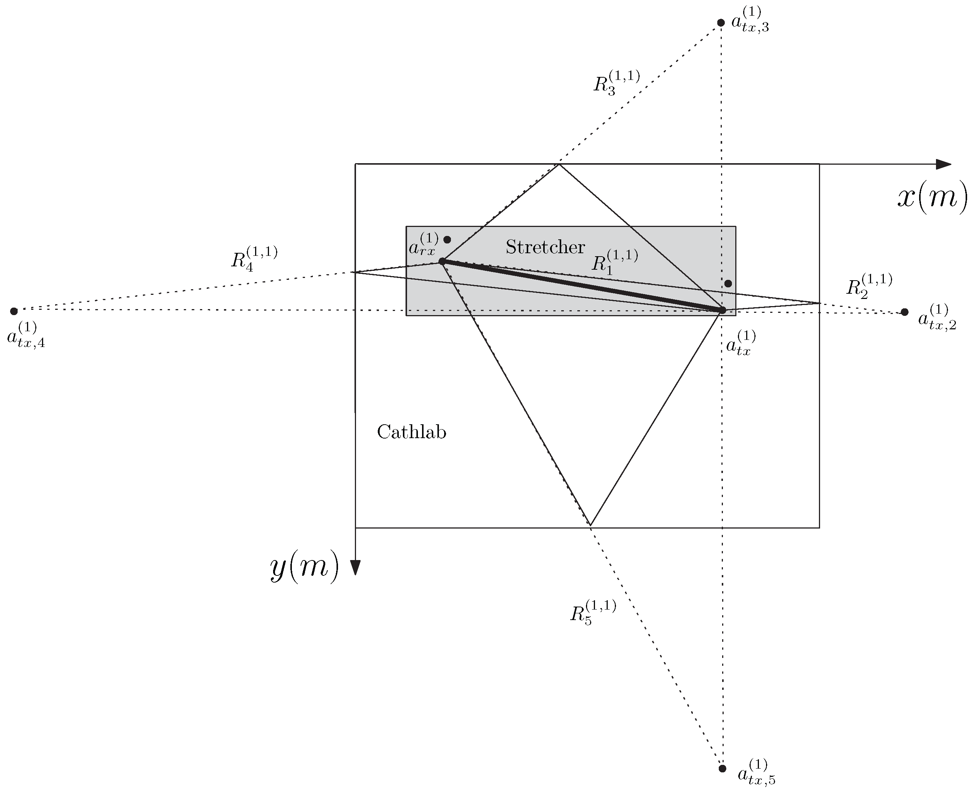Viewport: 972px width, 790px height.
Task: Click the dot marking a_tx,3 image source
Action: [x=721, y=23]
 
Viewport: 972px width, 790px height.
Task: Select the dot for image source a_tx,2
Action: [x=904, y=312]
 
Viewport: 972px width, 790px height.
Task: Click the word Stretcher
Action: [x=545, y=247]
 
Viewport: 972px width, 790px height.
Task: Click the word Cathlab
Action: [x=412, y=432]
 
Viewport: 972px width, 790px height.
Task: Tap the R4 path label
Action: [x=254, y=258]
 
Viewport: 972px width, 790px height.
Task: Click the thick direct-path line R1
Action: [x=583, y=286]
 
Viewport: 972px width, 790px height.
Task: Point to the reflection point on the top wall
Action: [x=559, y=164]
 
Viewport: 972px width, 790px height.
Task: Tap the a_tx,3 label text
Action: [x=750, y=21]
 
